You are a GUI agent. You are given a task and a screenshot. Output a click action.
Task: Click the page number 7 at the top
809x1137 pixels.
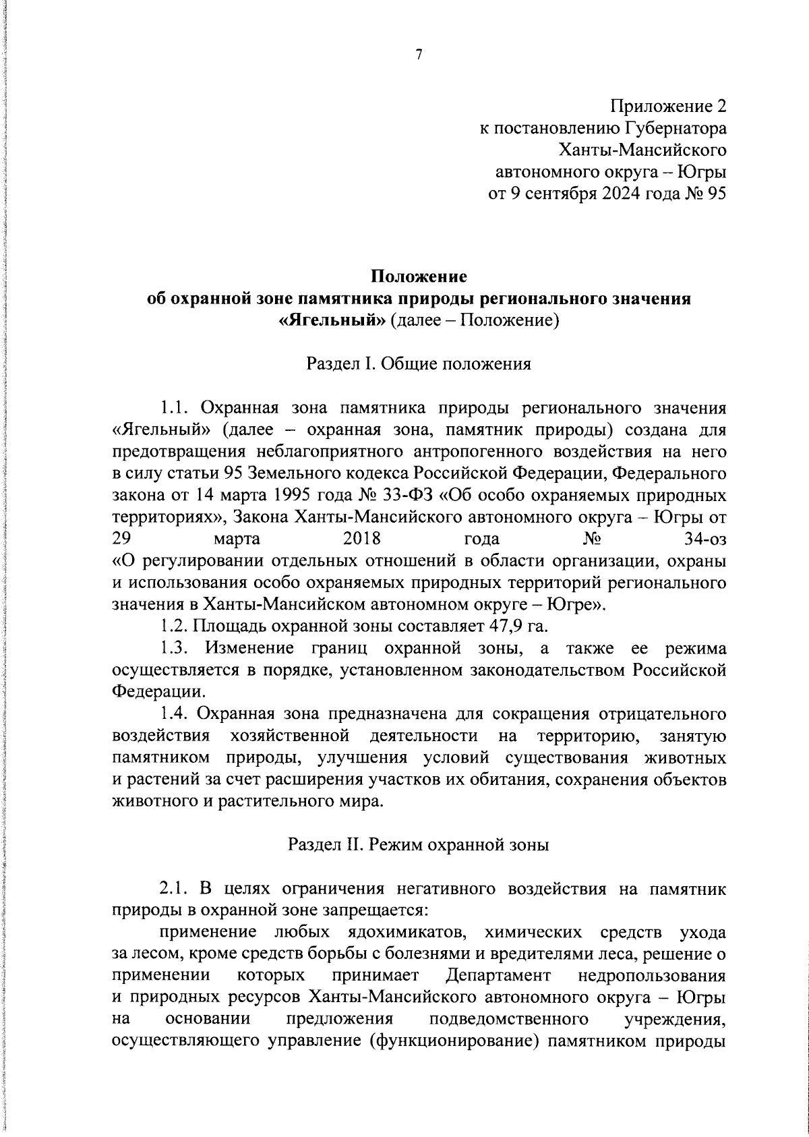click(x=419, y=56)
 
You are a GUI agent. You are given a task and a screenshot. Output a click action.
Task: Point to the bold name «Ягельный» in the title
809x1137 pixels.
click(x=332, y=320)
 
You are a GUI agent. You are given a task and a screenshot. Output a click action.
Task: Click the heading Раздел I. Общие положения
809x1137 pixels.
click(x=419, y=364)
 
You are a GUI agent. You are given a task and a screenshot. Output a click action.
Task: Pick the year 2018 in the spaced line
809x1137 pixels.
click(x=362, y=539)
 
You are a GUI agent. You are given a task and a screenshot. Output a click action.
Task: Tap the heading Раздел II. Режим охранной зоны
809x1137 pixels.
click(x=419, y=845)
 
